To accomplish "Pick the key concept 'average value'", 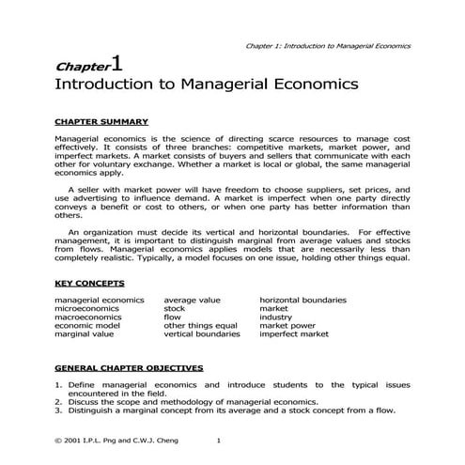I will point(193,300).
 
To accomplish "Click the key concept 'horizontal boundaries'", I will point(302,300).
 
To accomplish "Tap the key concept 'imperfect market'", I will point(293,333).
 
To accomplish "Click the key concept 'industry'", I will point(276,317).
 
